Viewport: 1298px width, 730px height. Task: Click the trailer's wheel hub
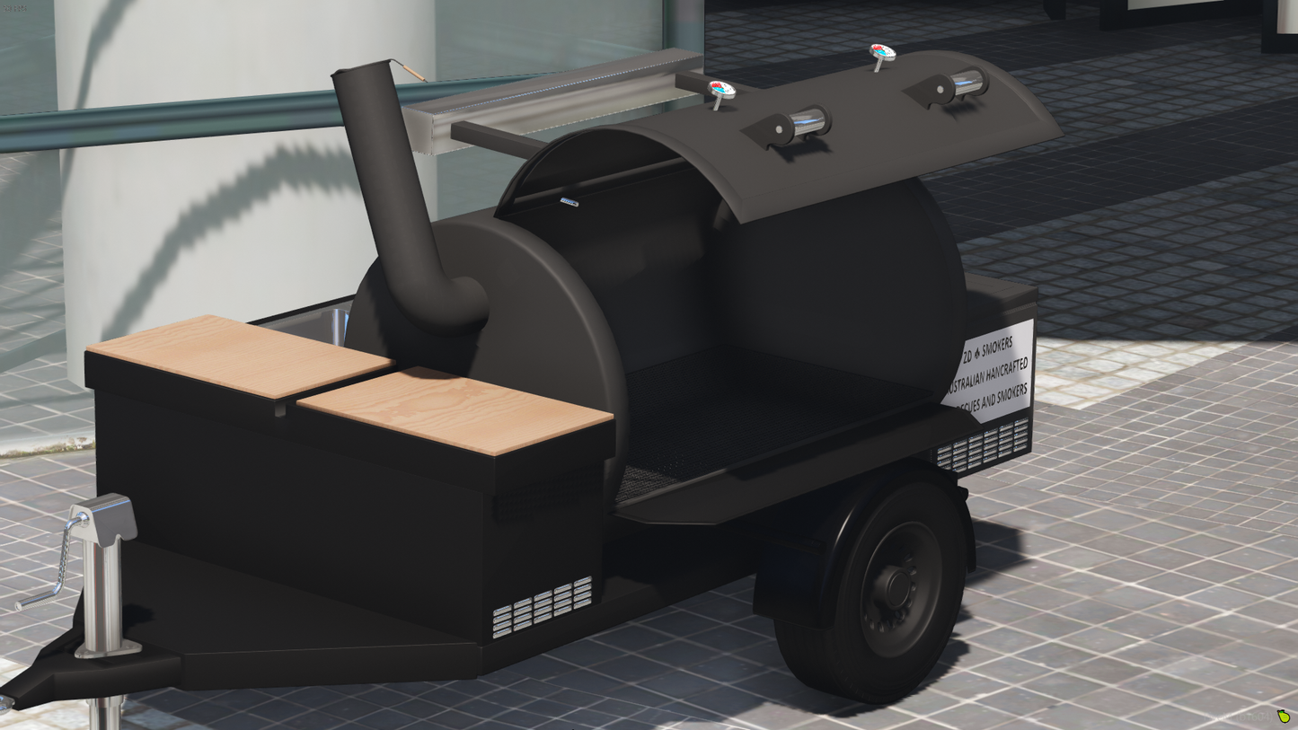[x=899, y=585]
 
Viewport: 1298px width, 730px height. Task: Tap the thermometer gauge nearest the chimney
[x=721, y=90]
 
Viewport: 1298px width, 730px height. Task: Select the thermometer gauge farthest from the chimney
[x=882, y=53]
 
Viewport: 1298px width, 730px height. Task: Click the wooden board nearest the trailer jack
[x=238, y=355]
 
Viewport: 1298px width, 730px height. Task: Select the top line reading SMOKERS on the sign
[x=996, y=343]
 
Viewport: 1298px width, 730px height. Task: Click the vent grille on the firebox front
[x=543, y=607]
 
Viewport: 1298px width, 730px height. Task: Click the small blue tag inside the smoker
[x=569, y=203]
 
